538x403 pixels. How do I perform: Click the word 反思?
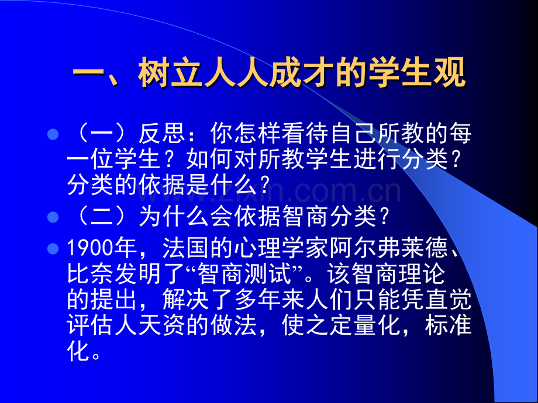(x=161, y=133)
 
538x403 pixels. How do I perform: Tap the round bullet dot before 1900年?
(x=53, y=248)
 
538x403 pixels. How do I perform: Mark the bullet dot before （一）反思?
(x=53, y=134)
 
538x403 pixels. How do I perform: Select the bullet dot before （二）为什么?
(x=53, y=217)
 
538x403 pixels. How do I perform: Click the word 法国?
(x=185, y=248)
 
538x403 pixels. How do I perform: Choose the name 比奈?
(x=90, y=274)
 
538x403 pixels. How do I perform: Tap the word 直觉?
(x=448, y=299)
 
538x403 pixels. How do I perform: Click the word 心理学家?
(x=281, y=248)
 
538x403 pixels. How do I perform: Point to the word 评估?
(x=90, y=325)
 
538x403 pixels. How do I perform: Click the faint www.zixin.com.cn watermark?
(x=270, y=192)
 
